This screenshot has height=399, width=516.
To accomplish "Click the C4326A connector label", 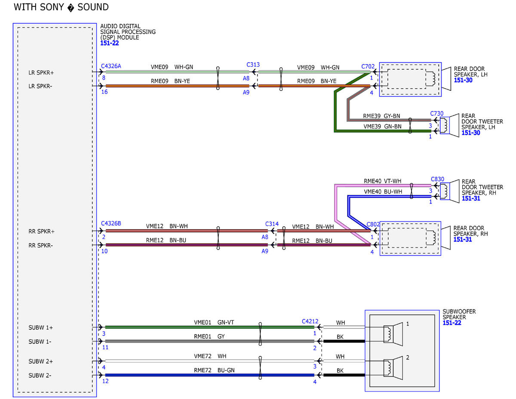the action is (x=111, y=66).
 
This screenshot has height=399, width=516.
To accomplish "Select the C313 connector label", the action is (x=253, y=65).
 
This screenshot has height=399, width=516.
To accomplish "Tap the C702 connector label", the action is (x=368, y=67).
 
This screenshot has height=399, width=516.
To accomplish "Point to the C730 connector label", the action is (x=437, y=114).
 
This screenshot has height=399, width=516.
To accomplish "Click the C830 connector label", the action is (x=437, y=179).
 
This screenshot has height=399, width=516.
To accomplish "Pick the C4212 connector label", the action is (x=310, y=322).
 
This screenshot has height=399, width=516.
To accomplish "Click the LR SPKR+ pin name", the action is (x=41, y=73).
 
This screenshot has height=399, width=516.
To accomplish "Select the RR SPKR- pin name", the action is (x=40, y=245).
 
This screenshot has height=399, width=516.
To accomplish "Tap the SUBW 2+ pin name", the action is (x=40, y=362).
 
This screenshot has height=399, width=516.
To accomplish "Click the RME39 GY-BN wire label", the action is (x=381, y=116).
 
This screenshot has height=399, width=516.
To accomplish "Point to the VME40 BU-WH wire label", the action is (x=383, y=192).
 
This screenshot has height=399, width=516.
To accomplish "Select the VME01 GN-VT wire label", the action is (x=214, y=322).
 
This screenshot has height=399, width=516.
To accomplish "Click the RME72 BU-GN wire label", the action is (x=214, y=370).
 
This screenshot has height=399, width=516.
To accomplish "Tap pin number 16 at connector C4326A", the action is (x=104, y=92).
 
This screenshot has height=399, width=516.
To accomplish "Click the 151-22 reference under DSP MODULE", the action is (x=110, y=43).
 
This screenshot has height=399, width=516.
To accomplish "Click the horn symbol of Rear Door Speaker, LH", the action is (x=446, y=79).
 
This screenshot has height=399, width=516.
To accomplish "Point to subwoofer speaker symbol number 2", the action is (x=393, y=368).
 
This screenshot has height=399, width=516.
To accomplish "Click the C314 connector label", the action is (x=272, y=224).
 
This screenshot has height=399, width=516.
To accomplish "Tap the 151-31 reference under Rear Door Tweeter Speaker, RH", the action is (x=471, y=198).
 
